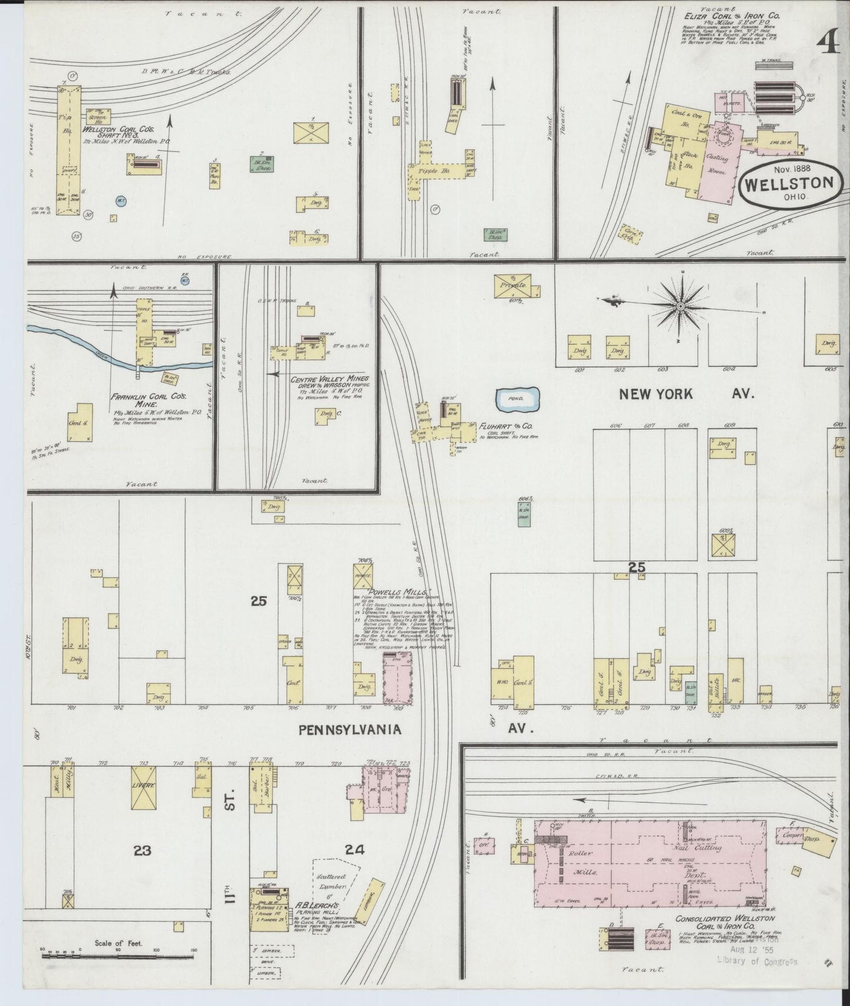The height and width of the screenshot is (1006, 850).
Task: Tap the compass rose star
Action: [x=681, y=307]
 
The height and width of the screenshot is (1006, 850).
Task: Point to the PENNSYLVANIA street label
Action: [x=350, y=729]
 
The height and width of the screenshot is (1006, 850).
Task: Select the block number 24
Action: [x=355, y=849]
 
